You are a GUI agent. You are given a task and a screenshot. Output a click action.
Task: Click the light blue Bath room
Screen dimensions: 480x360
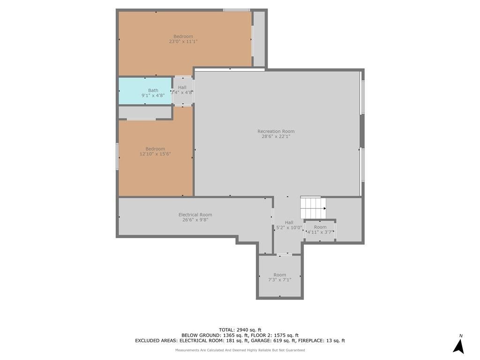(145, 91)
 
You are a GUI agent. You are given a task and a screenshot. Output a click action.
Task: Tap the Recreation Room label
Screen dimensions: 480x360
(276, 131)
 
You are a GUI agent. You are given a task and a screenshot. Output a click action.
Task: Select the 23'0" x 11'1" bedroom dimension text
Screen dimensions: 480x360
(183, 41)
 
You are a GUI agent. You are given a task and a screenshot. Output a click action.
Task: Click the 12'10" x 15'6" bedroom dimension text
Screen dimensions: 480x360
(155, 154)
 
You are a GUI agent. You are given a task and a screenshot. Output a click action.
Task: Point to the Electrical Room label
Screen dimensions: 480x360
(195, 215)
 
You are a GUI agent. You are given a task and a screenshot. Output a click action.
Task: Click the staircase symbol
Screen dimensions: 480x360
(313, 208)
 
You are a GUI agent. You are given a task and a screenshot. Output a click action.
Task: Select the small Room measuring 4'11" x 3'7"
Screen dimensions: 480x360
(320, 230)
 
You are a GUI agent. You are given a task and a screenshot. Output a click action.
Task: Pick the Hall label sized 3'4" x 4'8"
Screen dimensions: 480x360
(182, 88)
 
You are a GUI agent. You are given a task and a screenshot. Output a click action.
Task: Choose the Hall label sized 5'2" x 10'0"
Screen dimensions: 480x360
(289, 223)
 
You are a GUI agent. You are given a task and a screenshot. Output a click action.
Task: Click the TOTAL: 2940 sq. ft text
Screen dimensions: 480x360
(240, 330)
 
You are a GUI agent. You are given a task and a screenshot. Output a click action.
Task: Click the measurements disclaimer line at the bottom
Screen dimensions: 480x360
(240, 350)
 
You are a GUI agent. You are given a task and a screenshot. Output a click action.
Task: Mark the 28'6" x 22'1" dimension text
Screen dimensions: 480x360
(276, 136)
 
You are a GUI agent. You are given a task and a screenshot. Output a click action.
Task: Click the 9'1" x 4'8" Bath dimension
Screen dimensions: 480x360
(153, 95)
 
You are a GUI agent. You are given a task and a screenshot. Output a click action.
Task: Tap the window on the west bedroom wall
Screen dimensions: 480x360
(117, 157)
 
